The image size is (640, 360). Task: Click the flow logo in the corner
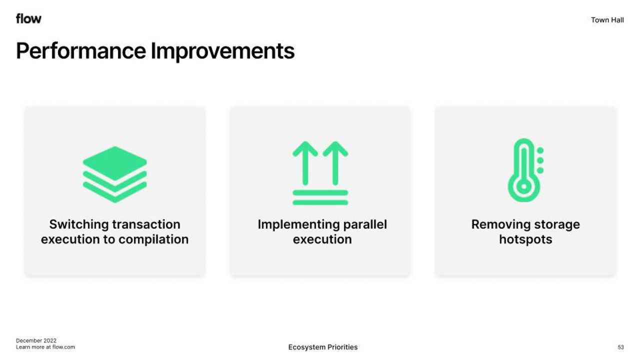[28, 18]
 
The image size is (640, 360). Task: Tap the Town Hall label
[607, 20]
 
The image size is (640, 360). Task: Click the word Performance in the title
[81, 51]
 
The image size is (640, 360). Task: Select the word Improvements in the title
[222, 51]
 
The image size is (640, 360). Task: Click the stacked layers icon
[115, 174]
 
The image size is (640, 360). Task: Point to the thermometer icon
[525, 170]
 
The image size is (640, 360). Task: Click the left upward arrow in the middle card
[305, 163]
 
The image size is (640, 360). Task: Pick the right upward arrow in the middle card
[335, 163]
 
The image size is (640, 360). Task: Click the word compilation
[153, 239]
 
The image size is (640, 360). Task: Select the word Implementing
[298, 225]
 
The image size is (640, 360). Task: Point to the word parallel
[365, 225]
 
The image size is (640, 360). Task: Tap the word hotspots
[525, 239]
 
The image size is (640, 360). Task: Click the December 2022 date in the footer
[36, 340]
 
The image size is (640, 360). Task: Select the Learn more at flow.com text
[45, 347]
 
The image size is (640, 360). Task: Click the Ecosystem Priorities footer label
[323, 347]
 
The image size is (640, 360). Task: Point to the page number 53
[620, 347]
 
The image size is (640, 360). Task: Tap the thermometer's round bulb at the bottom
[524, 186]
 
